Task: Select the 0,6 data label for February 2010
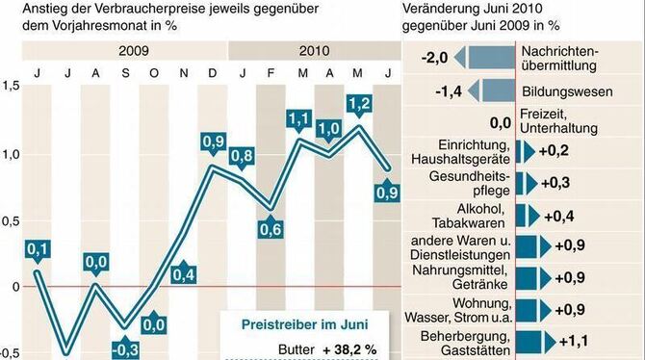[x=271, y=229]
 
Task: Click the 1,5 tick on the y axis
[x=10, y=88]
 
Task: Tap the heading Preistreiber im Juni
[x=302, y=325]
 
